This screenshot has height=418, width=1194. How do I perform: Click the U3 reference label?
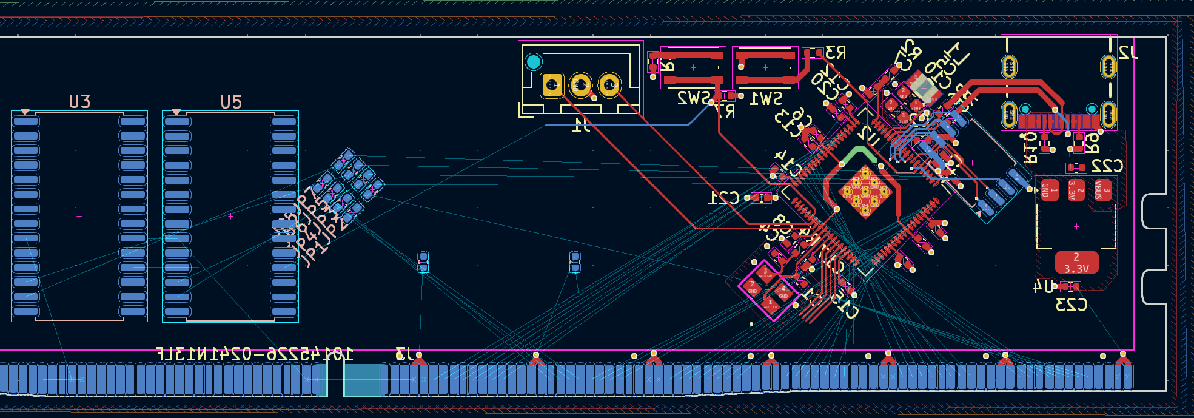click(x=79, y=101)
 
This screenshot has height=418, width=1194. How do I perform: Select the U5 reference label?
click(x=231, y=102)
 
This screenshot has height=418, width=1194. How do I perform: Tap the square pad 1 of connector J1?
click(x=552, y=85)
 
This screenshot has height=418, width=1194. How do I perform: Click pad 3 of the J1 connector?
click(x=609, y=85)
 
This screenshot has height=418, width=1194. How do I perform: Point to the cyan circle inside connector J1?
click(x=534, y=62)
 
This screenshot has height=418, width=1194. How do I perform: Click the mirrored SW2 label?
click(x=694, y=98)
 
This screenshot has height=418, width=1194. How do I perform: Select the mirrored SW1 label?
click(x=766, y=98)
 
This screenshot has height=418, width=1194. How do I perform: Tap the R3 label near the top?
click(x=835, y=53)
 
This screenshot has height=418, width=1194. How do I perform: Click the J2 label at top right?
click(x=1128, y=53)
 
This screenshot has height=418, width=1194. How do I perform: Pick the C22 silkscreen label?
click(x=1107, y=166)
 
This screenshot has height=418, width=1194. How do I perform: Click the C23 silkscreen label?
click(x=1072, y=305)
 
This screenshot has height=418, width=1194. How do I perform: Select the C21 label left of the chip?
click(x=724, y=198)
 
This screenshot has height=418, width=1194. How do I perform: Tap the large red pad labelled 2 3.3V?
click(x=1076, y=263)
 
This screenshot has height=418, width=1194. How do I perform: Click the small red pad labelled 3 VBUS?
click(x=1102, y=190)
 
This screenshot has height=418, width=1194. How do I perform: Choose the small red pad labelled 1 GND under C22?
click(x=1050, y=190)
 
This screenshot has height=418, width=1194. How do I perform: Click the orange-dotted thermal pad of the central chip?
click(x=865, y=194)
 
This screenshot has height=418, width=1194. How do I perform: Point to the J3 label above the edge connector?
click(x=404, y=354)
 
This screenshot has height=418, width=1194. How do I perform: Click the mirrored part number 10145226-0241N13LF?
click(x=255, y=354)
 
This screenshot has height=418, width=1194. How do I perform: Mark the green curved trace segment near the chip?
click(x=860, y=151)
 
